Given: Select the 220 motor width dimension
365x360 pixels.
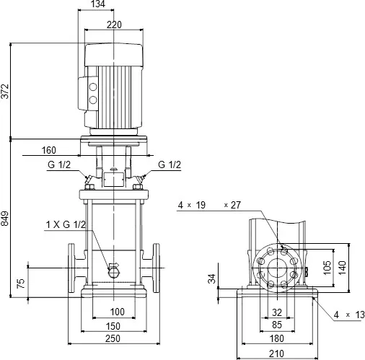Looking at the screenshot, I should click(x=112, y=25).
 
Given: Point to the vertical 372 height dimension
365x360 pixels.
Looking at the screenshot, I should click(x=6, y=90).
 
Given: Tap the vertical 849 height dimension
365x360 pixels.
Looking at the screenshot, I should click(x=6, y=219).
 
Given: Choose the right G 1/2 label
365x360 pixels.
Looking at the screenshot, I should click(x=170, y=165).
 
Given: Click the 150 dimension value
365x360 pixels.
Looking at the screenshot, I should click(x=112, y=326).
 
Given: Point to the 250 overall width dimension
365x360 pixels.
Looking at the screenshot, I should click(x=112, y=340).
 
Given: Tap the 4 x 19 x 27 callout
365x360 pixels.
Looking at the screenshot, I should click(x=208, y=206).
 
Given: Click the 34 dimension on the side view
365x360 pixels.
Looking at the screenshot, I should click(x=212, y=279).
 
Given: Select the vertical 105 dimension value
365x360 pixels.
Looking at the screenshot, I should click(x=327, y=268).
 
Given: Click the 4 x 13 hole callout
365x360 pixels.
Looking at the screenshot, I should click(x=345, y=315).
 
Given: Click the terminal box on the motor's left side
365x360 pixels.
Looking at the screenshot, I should click(x=92, y=92).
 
